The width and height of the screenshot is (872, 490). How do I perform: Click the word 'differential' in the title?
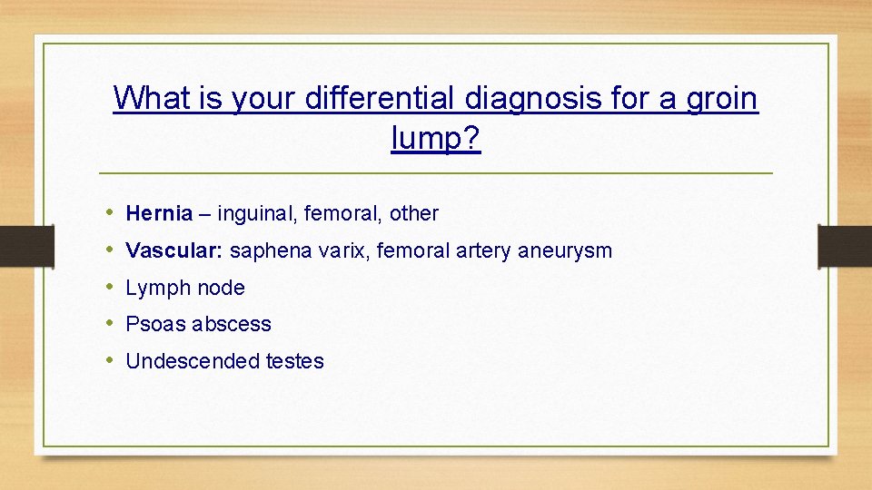[381, 97]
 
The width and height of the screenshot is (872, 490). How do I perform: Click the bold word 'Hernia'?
[159, 214]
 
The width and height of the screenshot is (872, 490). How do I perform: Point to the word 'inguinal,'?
[257, 214]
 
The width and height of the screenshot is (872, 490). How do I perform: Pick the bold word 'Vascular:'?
[175, 250]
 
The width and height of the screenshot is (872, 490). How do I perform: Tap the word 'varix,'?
[344, 250]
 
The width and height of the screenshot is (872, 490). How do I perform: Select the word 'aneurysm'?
[565, 250]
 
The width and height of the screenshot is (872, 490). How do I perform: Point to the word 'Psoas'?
[151, 324]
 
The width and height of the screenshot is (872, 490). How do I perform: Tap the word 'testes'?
[294, 361]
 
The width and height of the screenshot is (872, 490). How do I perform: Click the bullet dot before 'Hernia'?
[107, 214]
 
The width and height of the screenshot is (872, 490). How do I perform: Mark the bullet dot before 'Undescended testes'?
[107, 361]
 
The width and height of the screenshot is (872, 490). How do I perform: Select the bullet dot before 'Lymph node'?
[107, 288]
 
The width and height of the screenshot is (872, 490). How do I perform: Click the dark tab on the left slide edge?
[15, 247]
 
